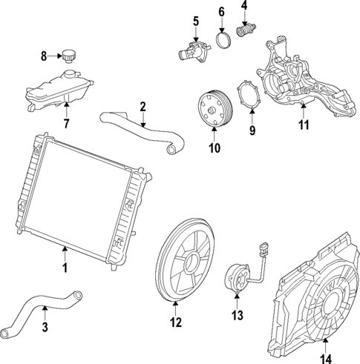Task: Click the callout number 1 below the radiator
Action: [65, 267]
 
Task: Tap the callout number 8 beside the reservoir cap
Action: [44, 56]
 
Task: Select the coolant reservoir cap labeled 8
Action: [70, 55]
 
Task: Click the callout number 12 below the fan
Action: [175, 322]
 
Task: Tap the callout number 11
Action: [303, 125]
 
